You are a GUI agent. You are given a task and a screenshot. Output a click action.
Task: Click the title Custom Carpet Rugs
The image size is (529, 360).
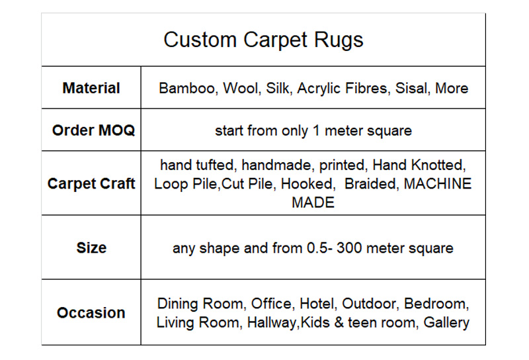point(263,40)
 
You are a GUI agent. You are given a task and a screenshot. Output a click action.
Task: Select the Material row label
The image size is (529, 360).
point(91,88)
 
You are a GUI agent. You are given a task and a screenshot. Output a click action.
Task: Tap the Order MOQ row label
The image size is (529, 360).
point(93,130)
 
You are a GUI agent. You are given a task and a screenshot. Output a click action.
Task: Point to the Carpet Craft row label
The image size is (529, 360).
point(91,184)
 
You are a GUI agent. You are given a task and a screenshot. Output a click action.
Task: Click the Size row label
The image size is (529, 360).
point(91,248)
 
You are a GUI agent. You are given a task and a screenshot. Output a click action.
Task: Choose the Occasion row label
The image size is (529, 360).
point(91,313)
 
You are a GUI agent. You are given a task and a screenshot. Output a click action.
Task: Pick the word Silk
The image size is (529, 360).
point(278,89)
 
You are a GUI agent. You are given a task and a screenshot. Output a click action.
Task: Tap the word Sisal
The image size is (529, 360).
point(413,89)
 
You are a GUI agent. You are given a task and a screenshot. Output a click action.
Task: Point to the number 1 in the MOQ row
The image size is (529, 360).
point(316,130)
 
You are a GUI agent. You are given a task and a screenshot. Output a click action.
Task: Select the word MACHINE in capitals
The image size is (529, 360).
point(438,184)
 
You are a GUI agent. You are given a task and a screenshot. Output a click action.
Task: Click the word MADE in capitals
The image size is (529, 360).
point(313,203)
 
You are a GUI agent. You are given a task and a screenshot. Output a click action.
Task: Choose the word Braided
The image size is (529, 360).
point(370,185)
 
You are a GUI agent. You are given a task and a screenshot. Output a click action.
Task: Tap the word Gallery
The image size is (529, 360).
point(446,323)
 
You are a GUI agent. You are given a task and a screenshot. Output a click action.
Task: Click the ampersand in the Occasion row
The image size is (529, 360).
point(339,322)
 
